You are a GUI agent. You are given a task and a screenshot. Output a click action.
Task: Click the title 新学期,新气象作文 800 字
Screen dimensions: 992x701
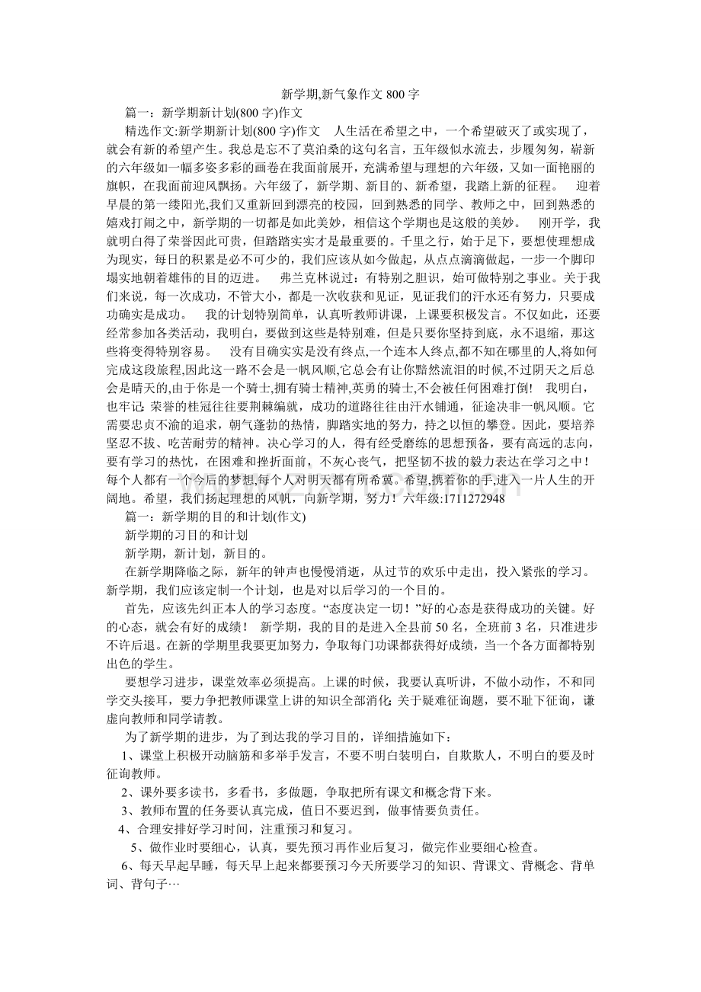pos(350,94)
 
